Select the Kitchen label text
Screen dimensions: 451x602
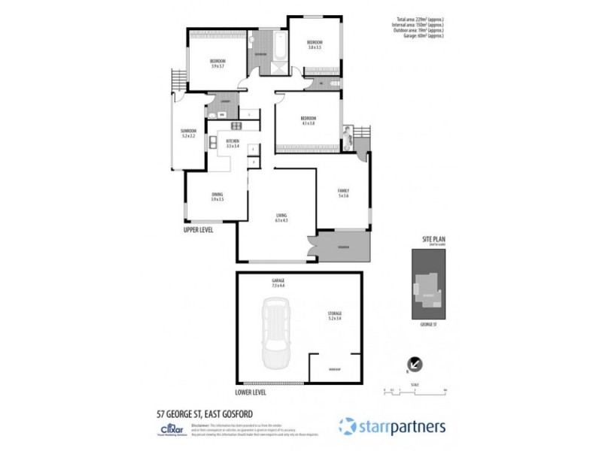tap(233, 143)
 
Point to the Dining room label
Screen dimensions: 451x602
tap(217, 197)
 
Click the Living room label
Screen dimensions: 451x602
tap(281, 219)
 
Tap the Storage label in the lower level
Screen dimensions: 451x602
tap(335, 315)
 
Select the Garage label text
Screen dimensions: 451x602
tap(278, 284)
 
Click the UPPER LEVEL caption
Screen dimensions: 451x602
tap(199, 231)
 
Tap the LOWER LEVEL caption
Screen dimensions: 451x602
tap(254, 392)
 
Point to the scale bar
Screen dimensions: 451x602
tap(414, 389)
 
